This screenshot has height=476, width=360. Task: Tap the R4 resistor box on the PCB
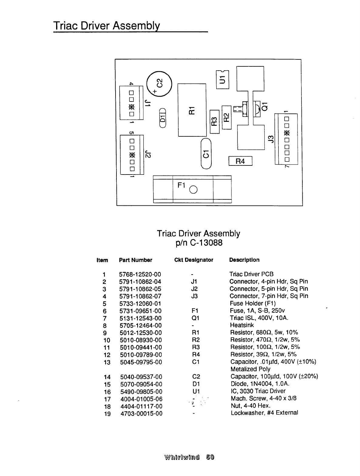click(240, 161)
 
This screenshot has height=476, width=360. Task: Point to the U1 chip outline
click(223, 79)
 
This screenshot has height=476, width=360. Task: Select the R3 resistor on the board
click(214, 121)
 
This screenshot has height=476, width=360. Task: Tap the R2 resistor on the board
click(226, 117)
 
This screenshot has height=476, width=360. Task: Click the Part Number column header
click(136, 260)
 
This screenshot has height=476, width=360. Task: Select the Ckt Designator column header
click(194, 260)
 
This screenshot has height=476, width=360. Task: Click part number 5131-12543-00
click(141, 318)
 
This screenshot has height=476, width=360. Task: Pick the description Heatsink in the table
click(242, 325)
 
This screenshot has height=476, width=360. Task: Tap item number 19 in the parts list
click(107, 414)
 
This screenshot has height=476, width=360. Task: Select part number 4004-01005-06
click(141, 399)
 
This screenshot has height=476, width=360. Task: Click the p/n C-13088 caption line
click(198, 243)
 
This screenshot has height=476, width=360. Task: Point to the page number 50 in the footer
click(210, 457)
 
